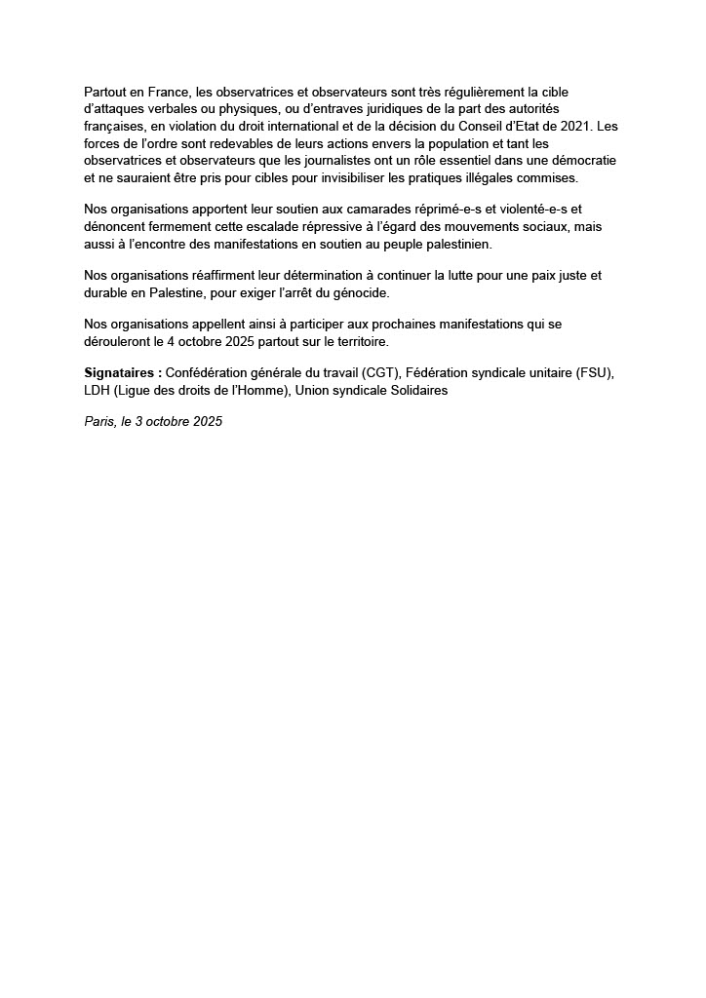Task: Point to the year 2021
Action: pos(572,126)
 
